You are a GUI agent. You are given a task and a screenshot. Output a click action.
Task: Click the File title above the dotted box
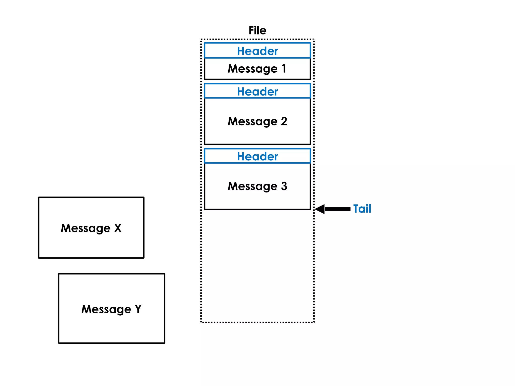(257, 30)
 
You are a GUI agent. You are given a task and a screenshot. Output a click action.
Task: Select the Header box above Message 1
(257, 51)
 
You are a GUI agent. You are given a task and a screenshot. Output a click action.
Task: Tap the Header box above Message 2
(257, 91)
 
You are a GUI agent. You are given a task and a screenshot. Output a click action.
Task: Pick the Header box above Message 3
(257, 156)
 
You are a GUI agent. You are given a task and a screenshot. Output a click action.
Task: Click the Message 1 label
(257, 69)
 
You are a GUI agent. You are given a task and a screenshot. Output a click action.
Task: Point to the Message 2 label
(257, 121)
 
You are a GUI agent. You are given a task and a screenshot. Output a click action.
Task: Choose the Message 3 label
(257, 186)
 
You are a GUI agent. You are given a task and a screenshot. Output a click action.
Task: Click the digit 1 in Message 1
(284, 68)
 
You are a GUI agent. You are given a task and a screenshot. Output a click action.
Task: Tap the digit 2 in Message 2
(284, 121)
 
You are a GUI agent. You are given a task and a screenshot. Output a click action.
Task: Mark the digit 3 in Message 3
(284, 186)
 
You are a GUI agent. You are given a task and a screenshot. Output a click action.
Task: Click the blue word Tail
(362, 209)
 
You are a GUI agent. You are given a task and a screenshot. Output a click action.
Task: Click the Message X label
(91, 228)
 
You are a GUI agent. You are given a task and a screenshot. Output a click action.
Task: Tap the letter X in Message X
(118, 228)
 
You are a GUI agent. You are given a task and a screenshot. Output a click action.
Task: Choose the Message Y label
(111, 309)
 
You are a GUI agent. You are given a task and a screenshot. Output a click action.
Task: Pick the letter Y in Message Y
(138, 309)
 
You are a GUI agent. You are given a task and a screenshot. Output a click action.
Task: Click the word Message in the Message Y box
(106, 309)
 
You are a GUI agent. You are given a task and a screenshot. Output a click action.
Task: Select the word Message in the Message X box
(85, 228)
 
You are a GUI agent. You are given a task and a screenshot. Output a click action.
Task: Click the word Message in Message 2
(252, 122)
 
